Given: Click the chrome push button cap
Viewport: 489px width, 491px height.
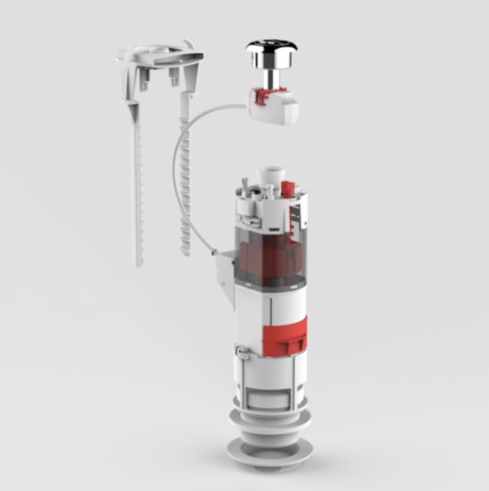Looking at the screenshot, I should click(x=271, y=51).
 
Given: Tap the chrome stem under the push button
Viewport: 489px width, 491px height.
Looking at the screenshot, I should click(x=271, y=78).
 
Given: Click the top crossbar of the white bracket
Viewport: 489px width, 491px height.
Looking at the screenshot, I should click(x=161, y=55).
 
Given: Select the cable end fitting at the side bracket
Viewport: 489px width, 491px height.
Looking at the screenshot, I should click(x=214, y=253).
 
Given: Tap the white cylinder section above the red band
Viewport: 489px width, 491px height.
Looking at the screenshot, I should click(x=270, y=306).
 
